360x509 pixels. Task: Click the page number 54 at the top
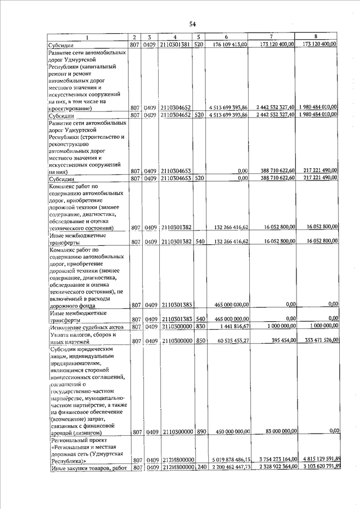pyautogui.click(x=192, y=24)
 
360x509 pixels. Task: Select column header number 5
pyautogui.click(x=199, y=37)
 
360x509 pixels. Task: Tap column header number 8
pyautogui.click(x=317, y=37)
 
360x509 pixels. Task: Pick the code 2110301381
pyautogui.click(x=175, y=44)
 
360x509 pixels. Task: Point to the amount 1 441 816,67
pyautogui.click(x=233, y=326)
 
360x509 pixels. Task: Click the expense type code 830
pyautogui.click(x=199, y=326)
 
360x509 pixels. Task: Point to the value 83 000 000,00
pyautogui.click(x=277, y=431)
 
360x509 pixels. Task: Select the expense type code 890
pyautogui.click(x=199, y=432)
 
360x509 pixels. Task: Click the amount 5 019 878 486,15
pyautogui.click(x=228, y=460)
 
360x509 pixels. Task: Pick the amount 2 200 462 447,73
pyautogui.click(x=228, y=468)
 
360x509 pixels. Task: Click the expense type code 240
pyautogui.click(x=199, y=468)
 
